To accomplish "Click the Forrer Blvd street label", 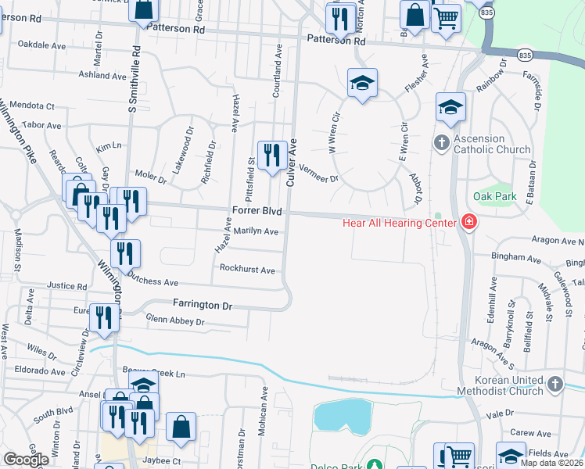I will click(257, 212).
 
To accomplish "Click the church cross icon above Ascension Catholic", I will click(441, 142).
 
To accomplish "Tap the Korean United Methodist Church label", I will click(497, 385).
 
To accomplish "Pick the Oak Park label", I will click(494, 196).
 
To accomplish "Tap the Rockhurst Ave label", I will click(247, 270).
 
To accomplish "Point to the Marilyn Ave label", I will click(256, 232).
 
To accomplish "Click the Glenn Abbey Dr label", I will click(175, 321).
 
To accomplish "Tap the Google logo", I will click(26, 460).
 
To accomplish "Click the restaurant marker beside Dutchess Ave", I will click(124, 252).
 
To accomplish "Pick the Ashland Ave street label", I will click(102, 76).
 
